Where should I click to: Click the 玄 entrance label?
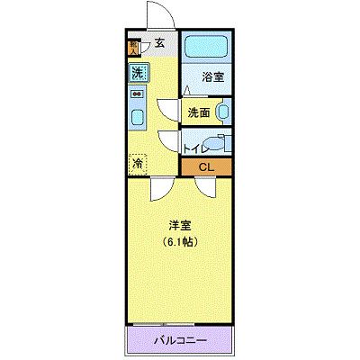(159, 40)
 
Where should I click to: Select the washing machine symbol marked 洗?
(137, 72)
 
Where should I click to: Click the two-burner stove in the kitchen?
(137, 93)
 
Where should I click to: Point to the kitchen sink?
(137, 116)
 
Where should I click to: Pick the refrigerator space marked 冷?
(137, 163)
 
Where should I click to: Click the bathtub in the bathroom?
(206, 49)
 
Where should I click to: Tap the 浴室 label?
(212, 77)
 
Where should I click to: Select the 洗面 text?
(200, 112)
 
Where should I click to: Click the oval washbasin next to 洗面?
(222, 112)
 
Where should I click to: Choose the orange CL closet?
(206, 166)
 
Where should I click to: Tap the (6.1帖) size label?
(180, 242)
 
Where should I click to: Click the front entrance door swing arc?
(159, 16)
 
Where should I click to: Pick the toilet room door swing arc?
(168, 139)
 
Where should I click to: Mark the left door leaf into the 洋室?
(159, 188)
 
